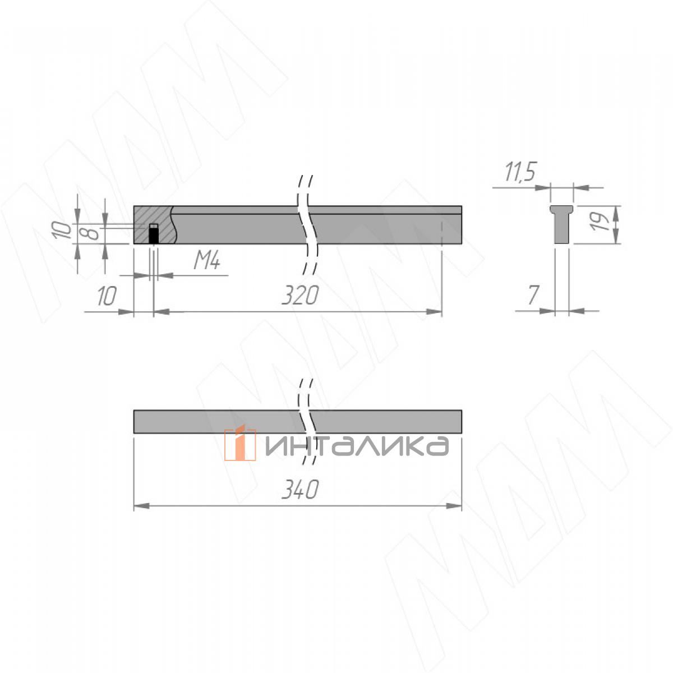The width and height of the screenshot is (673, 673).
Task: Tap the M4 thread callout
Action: [x=207, y=261]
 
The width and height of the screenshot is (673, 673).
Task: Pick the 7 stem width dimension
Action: [x=533, y=295]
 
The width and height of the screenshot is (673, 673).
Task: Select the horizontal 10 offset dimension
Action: [x=107, y=296]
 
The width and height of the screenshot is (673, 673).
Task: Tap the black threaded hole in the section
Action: [x=153, y=234]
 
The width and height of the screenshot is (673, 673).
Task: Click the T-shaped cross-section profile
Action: [x=562, y=224]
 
